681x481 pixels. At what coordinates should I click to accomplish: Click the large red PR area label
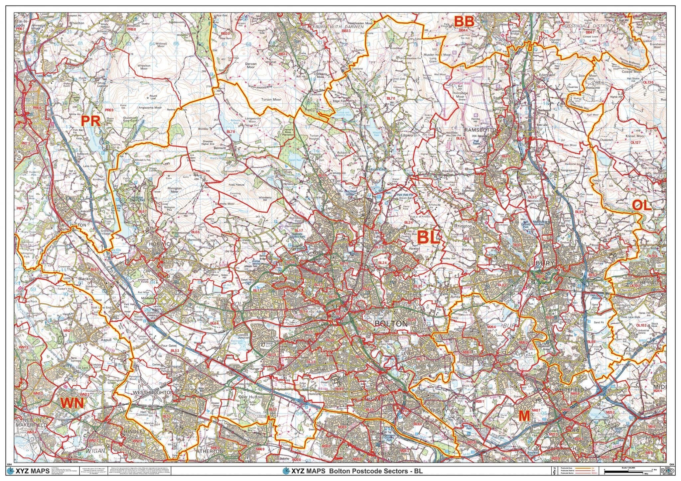point(91,121)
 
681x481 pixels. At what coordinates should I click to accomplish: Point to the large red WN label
point(72,403)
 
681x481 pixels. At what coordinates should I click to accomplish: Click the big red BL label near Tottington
point(428,238)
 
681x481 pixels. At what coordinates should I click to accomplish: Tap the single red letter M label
point(524,416)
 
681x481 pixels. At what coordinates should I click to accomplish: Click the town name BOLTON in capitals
point(391,323)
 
